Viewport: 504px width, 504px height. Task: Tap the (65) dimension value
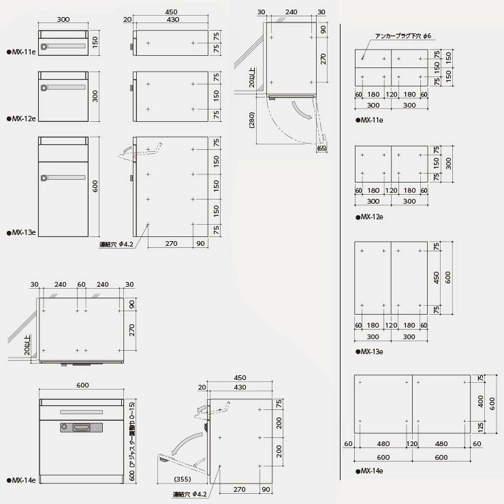[321, 147]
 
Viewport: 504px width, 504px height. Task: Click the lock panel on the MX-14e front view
[82, 427]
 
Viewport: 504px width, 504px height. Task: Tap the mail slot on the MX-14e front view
[81, 411]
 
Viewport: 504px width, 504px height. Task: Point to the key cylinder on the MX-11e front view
[45, 47]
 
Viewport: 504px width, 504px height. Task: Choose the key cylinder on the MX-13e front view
[45, 178]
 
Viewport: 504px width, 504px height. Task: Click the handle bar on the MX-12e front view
[65, 88]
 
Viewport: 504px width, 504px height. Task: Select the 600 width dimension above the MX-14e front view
[82, 385]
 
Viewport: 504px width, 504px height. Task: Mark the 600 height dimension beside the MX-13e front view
[96, 185]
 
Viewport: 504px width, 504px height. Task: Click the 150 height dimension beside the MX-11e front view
[96, 42]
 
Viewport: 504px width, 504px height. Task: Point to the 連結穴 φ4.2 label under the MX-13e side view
[114, 244]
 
